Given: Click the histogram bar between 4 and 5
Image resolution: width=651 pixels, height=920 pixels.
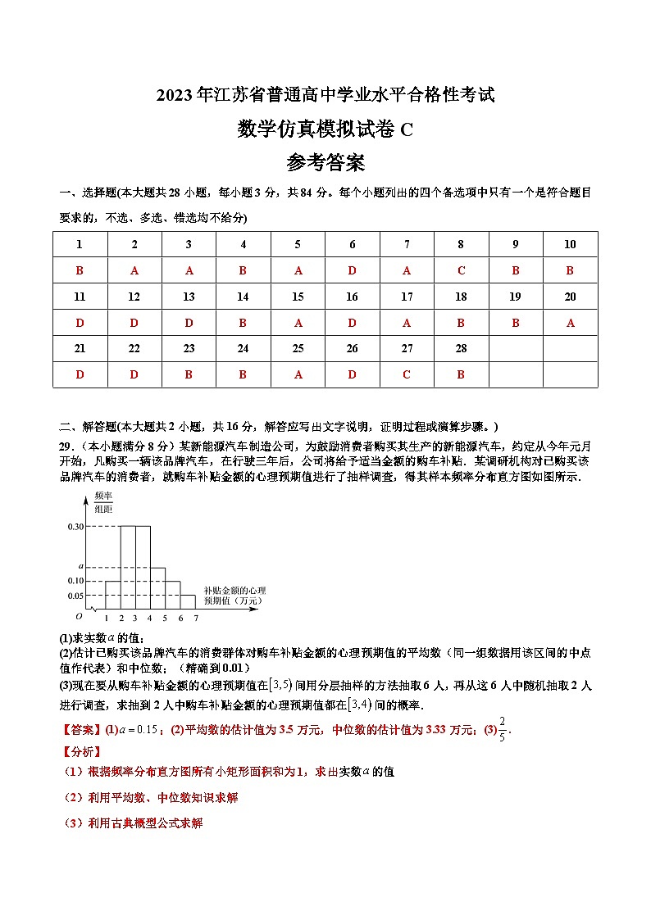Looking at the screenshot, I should tap(157, 587).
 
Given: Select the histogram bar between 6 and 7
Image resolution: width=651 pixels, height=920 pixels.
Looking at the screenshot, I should tap(188, 601).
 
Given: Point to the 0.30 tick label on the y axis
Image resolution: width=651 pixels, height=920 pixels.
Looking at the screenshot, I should tap(76, 526).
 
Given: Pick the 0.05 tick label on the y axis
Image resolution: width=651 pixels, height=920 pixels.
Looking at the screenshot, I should tap(76, 596).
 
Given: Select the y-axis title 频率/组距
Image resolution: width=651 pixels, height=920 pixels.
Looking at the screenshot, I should tap(102, 502).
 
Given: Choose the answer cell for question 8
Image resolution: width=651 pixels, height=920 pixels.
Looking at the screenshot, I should tap(461, 270).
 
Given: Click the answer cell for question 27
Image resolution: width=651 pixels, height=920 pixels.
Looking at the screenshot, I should tap(407, 374).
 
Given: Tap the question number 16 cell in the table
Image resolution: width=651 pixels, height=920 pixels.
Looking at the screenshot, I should tap(352, 297).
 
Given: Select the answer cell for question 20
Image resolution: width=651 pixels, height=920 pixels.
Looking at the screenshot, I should tap(570, 323).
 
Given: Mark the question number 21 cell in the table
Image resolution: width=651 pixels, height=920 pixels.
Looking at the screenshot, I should tap(80, 348).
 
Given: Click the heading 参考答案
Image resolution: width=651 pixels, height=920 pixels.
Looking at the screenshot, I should tap(325, 164).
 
